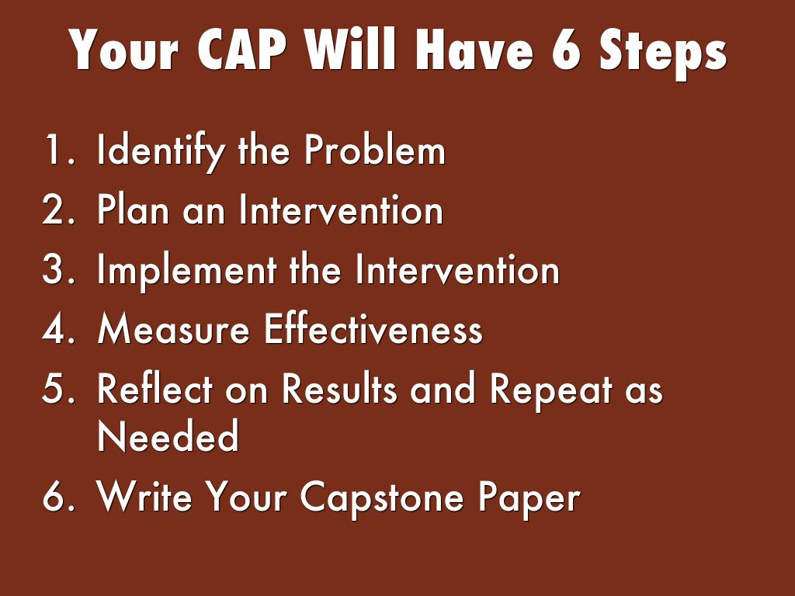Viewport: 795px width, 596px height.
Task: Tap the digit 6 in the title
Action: (x=565, y=50)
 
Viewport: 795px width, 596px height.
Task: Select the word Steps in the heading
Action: (x=663, y=54)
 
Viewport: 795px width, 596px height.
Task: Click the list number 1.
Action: (x=57, y=150)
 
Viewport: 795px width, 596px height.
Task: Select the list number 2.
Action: (x=57, y=209)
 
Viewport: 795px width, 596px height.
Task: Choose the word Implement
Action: (x=186, y=271)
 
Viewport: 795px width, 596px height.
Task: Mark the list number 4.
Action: (x=58, y=328)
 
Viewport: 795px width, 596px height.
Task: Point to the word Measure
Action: (x=173, y=328)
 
